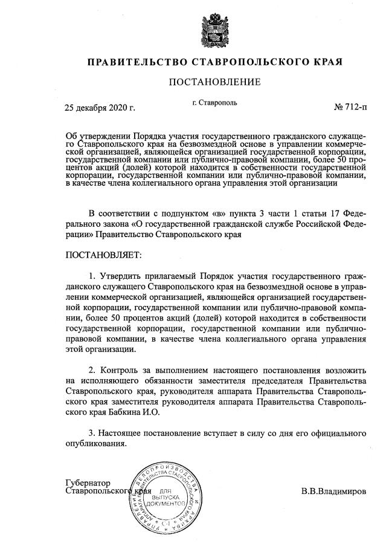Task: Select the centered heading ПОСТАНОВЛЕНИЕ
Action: tap(214, 82)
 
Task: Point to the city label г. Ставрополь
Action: tap(214, 103)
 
